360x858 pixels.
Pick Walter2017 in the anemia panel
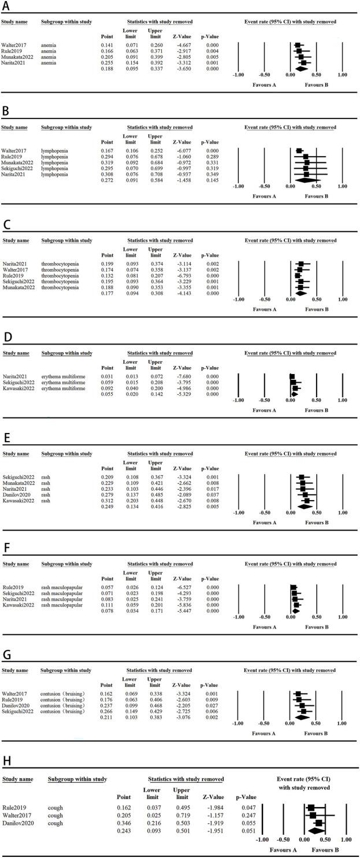[13, 44]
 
